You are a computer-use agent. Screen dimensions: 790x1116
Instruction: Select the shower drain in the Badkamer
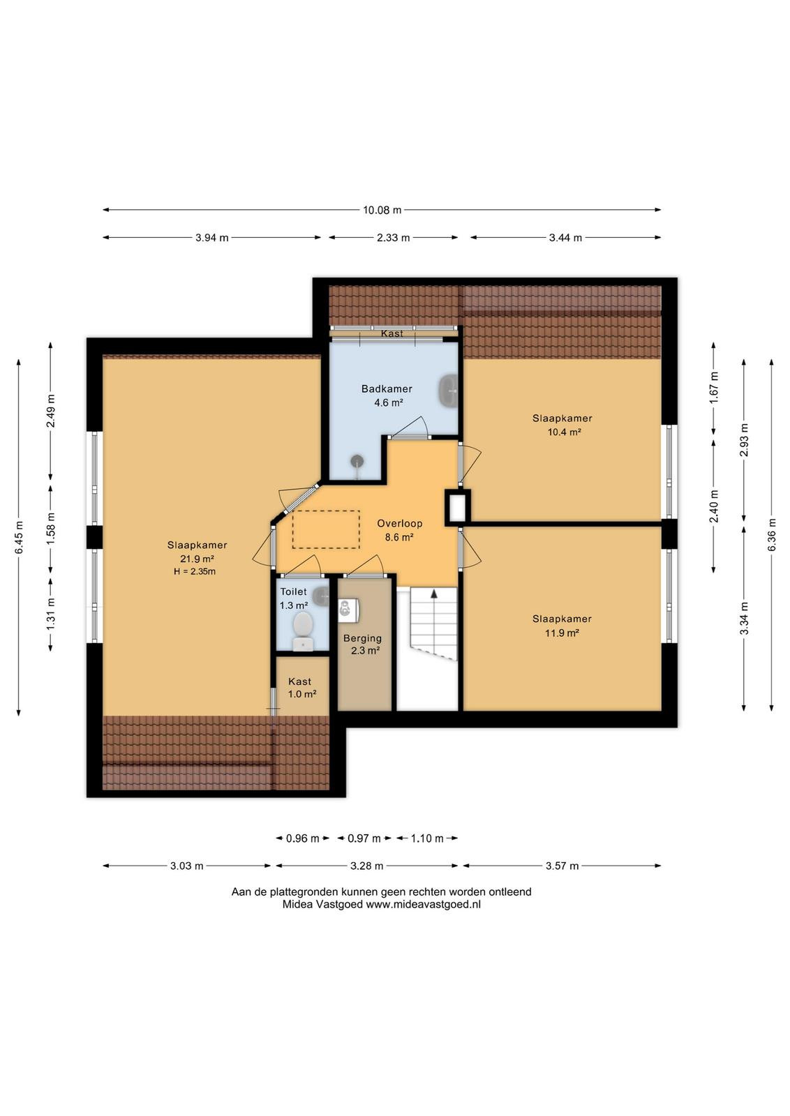[x=357, y=461]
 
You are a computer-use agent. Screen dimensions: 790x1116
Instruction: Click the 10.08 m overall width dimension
[x=382, y=210]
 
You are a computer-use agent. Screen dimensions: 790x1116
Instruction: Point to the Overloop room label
[x=399, y=523]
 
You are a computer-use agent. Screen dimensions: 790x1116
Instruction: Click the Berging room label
[x=362, y=638]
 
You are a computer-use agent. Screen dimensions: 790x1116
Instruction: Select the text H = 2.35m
[x=195, y=571]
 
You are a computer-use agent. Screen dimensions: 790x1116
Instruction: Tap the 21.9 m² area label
[x=197, y=559]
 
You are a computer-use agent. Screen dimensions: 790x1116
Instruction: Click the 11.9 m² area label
[x=562, y=633]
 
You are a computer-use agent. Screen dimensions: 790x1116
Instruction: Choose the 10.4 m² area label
[x=564, y=432]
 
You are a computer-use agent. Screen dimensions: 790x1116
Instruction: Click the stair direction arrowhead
[x=433, y=594]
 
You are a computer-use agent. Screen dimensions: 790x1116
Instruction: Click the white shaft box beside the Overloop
[x=457, y=506]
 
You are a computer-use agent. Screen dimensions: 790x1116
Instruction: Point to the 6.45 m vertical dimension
[x=19, y=537]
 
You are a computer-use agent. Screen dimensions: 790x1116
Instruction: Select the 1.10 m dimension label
[x=426, y=838]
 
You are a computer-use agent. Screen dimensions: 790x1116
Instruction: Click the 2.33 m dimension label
[x=394, y=238]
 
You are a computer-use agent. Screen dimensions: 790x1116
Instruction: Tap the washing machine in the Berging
[x=348, y=610]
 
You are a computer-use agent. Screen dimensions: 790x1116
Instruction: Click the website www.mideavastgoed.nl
[x=423, y=904]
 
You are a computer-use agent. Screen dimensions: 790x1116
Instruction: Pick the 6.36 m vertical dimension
[x=772, y=534]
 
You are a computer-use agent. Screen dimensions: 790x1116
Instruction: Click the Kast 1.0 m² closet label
[x=301, y=688]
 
